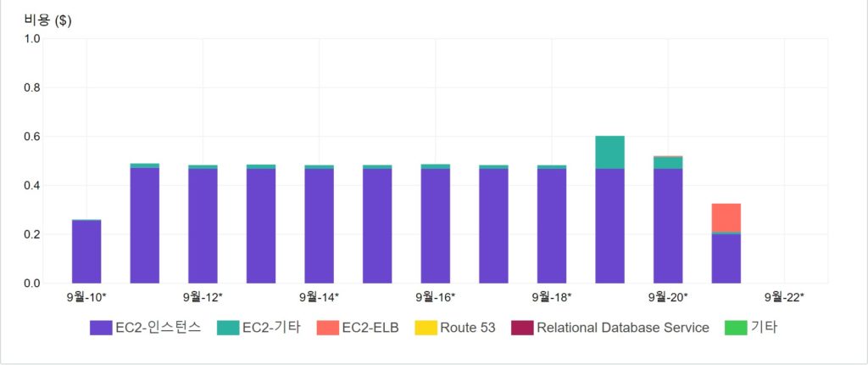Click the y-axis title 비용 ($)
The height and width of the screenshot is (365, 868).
pos(47,21)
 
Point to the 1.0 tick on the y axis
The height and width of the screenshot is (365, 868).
pos(31,39)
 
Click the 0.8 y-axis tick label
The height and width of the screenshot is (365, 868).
pos(31,87)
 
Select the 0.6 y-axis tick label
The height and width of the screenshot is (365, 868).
pos(31,137)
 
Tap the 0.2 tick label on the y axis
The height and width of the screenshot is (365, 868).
pos(31,234)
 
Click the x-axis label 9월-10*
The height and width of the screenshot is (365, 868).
pos(86,297)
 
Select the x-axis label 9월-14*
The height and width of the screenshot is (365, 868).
pos(319,297)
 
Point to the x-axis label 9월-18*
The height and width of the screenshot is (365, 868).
pos(552,297)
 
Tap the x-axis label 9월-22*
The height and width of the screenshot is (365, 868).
pos(784,297)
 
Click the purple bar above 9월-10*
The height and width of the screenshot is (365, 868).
pos(86,251)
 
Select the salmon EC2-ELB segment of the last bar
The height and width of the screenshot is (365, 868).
pos(726,217)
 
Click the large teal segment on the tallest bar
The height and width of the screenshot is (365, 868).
pos(609,152)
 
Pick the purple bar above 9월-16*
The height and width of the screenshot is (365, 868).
pos(435,226)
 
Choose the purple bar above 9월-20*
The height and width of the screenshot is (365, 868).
pos(668,226)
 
